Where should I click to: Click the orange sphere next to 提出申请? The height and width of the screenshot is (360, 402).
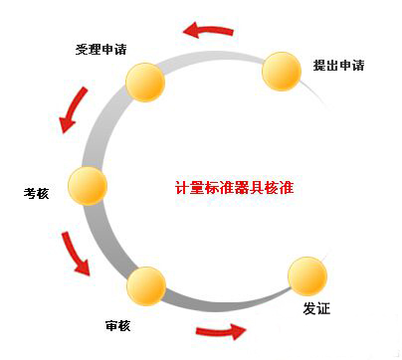coord(282,71)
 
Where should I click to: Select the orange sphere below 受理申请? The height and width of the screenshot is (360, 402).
coord(145,83)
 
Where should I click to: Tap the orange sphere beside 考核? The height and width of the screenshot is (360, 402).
coord(88,184)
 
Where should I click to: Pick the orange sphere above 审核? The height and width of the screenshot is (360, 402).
coord(146,285)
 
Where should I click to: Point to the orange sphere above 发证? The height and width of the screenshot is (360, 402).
coord(305,275)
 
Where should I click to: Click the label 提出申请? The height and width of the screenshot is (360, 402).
coord(338,67)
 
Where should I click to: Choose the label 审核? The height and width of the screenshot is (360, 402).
coord(116,325)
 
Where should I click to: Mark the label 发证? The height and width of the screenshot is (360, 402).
coord(316,309)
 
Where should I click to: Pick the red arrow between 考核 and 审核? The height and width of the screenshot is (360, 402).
coord(75,254)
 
